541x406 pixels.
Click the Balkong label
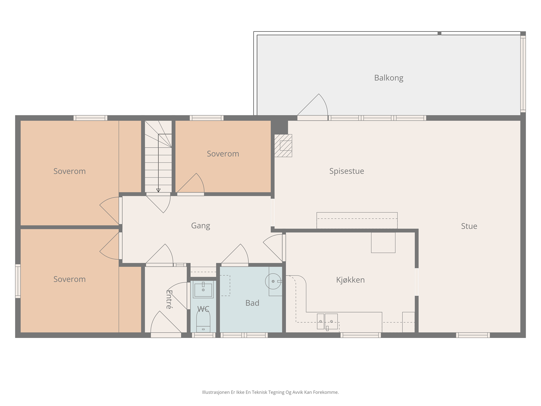click(x=389, y=78)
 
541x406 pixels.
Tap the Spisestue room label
click(x=347, y=171)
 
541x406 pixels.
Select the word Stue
click(x=469, y=226)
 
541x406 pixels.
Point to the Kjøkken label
click(x=350, y=280)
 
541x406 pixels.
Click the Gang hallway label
click(x=201, y=226)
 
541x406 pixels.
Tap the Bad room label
click(x=252, y=303)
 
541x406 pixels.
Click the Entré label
click(x=169, y=299)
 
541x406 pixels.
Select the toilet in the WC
click(x=203, y=320)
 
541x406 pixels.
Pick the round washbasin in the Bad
click(x=273, y=281)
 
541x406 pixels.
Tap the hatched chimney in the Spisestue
click(x=283, y=145)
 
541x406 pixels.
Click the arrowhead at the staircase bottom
click(x=158, y=190)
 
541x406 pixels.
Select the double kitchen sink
click(x=327, y=321)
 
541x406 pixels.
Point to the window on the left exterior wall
click(x=18, y=281)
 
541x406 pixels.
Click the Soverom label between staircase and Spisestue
click(x=223, y=154)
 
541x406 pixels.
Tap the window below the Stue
click(x=473, y=335)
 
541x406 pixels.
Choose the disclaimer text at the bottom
click(x=270, y=392)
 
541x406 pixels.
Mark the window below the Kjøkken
click(x=360, y=335)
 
